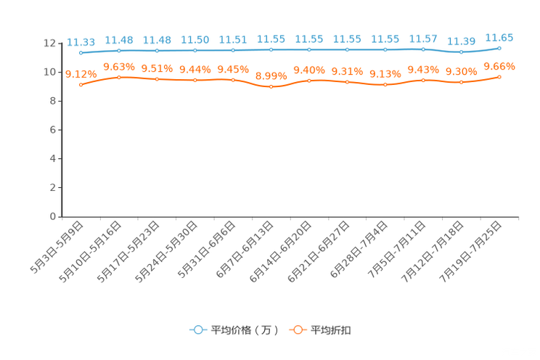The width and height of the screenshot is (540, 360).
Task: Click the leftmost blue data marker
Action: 81,53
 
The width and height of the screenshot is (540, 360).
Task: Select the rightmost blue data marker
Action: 499,48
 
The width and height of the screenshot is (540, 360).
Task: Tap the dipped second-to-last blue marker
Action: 461,52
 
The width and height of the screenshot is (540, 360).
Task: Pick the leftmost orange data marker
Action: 81,84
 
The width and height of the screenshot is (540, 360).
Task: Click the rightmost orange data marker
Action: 499,76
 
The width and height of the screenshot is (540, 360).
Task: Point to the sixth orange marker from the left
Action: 271,86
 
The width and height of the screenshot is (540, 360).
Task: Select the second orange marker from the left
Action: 119,76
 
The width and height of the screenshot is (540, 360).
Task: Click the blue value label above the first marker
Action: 81,41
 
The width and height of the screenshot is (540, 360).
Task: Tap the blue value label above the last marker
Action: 499,36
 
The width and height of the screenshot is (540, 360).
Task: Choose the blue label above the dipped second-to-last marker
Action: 461,41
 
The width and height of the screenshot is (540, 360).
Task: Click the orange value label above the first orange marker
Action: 81,73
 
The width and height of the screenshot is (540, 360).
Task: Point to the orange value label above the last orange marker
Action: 499,66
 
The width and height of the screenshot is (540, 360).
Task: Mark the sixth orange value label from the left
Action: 271,75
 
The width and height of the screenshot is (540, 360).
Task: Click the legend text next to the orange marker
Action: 332,330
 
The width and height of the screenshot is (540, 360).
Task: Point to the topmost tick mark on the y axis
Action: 60,44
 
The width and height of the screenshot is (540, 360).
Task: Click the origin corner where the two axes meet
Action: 62,216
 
